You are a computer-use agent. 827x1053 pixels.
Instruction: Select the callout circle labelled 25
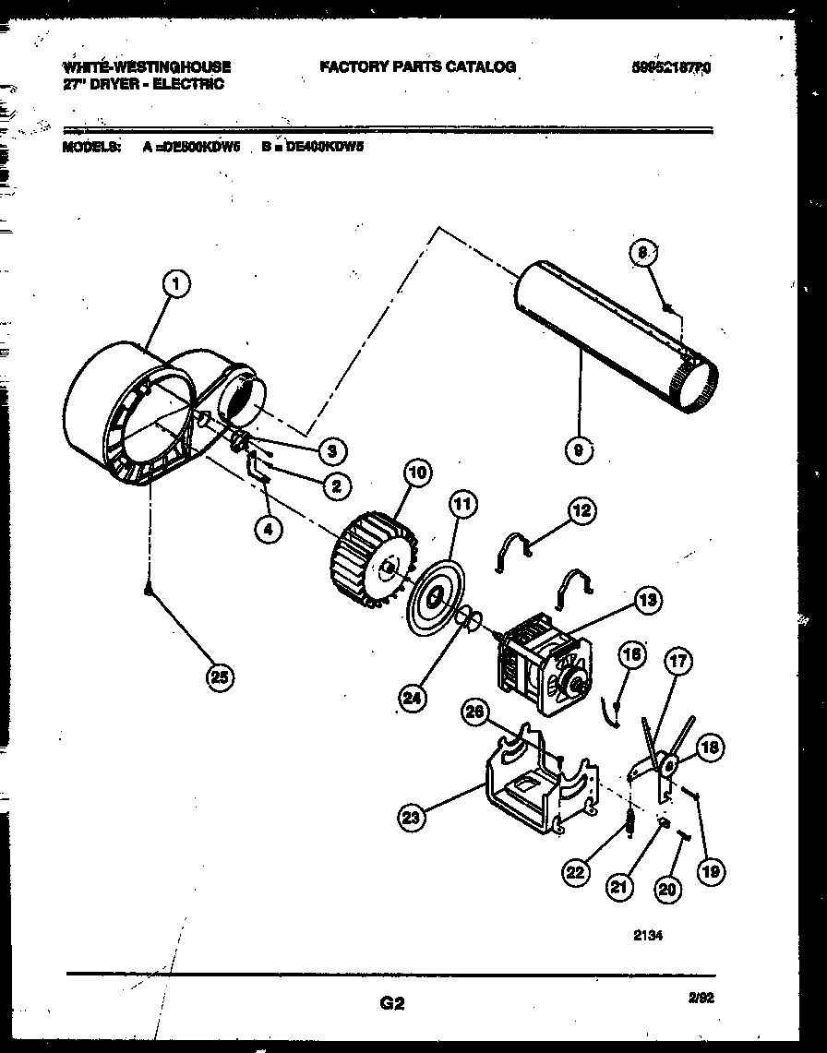point(219,678)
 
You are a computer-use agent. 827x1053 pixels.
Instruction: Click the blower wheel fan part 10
point(369,564)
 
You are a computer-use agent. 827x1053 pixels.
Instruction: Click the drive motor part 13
point(545,659)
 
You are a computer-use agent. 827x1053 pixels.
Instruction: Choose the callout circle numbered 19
point(710,869)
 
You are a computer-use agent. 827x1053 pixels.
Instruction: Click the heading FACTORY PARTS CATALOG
point(417,66)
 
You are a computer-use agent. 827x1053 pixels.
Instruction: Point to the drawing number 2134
point(648,934)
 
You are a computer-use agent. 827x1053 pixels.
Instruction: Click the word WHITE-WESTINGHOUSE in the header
point(146,66)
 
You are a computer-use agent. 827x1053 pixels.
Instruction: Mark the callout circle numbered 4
point(269,530)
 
